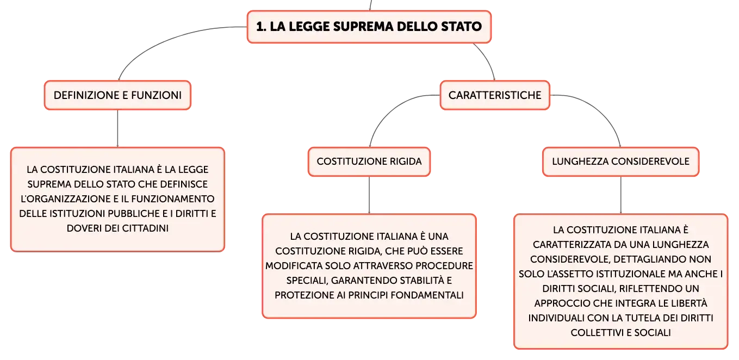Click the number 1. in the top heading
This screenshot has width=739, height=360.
[261, 27]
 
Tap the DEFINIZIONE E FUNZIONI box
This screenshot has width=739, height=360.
[117, 95]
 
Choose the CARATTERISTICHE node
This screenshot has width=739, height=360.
[495, 95]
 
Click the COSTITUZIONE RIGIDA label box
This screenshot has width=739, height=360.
[369, 162]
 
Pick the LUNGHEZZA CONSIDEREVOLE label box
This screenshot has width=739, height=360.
[620, 162]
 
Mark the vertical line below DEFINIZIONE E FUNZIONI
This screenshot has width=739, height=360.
[117, 128]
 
